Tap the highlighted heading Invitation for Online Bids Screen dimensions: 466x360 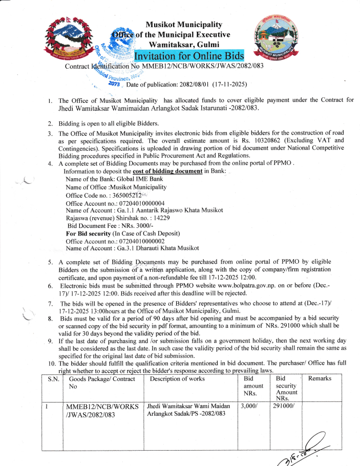(189, 55)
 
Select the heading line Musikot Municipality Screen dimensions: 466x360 (184, 24)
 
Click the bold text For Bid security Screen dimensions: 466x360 (92, 234)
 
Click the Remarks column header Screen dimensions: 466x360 (320, 379)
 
